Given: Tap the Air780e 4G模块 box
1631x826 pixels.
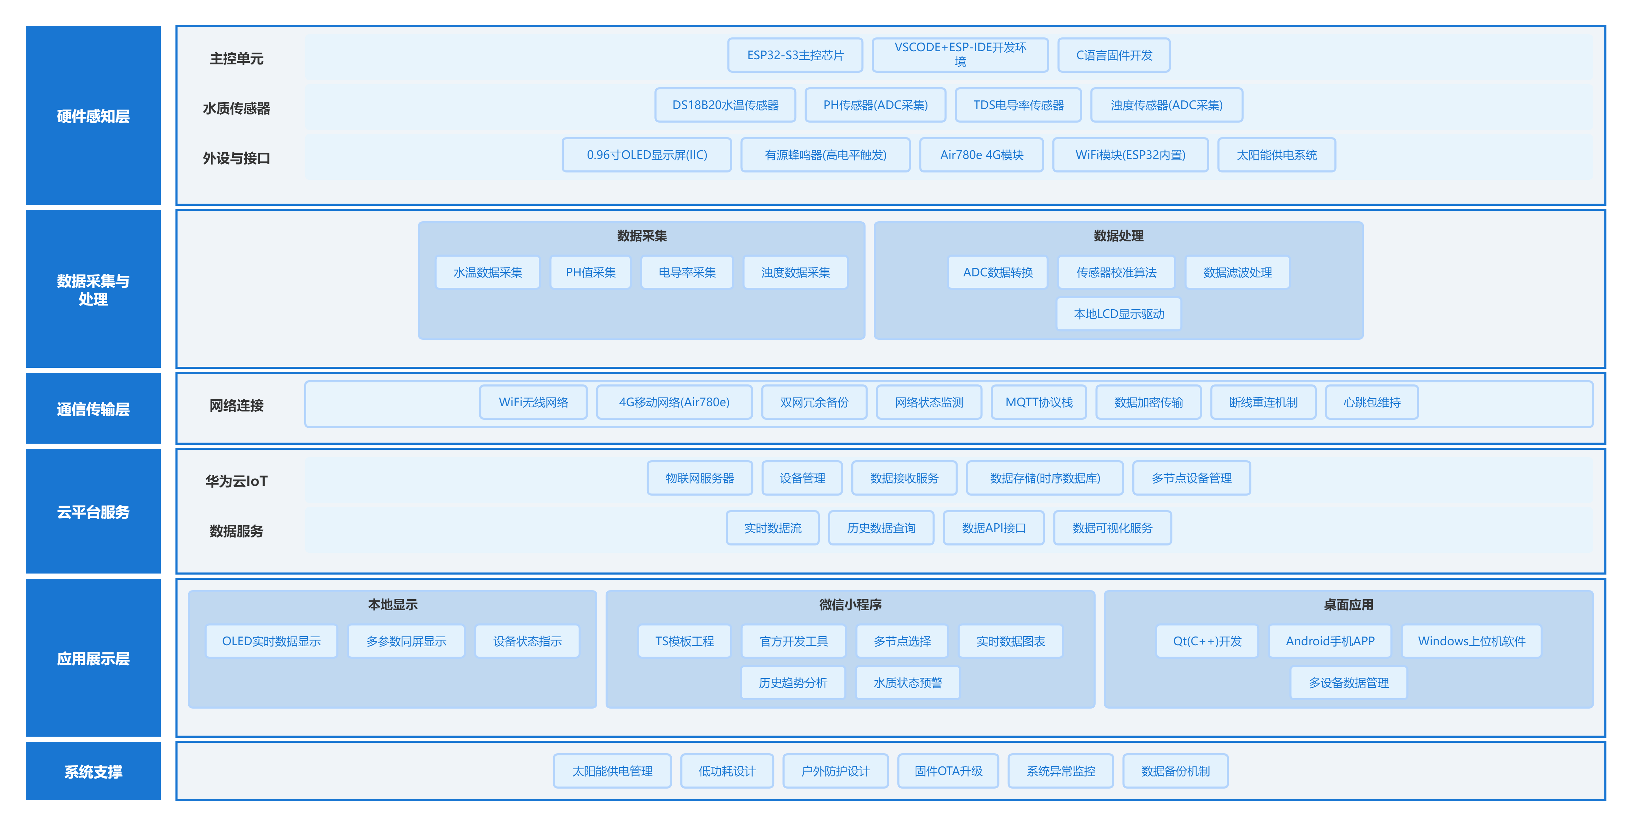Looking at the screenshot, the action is point(981,155).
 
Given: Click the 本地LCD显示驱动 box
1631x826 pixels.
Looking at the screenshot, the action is point(1119,314).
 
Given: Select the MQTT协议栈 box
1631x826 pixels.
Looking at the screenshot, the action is point(1039,402).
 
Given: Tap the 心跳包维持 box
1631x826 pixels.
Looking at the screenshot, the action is point(1372,402).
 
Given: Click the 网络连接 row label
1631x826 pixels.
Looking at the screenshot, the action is point(236,406).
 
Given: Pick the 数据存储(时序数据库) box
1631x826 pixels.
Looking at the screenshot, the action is point(1045,478).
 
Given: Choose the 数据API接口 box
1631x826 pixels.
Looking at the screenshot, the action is point(994,528).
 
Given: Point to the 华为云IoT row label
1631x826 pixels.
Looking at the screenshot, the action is point(236,481).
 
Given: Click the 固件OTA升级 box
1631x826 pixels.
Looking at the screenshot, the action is point(948,771).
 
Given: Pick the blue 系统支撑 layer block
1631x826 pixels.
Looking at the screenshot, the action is point(93,771).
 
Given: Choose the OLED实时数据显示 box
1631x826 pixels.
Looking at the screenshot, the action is point(271,641).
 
